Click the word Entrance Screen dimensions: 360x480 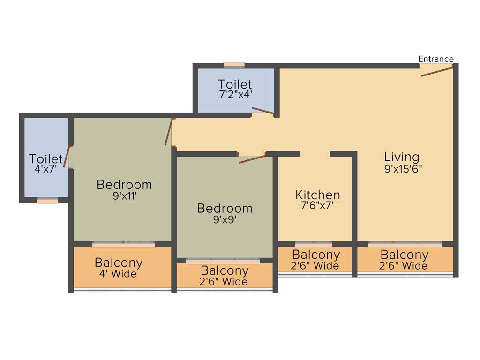coord(435,59)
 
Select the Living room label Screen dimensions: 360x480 coord(402,157)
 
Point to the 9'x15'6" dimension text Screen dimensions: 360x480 coord(403,169)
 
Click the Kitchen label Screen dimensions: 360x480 coord(317,195)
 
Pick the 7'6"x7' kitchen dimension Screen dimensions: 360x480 coord(317,205)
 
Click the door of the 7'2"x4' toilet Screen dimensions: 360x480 coord(262,111)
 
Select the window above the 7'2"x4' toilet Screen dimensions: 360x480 coord(234,65)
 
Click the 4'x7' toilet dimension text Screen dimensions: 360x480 coord(45,169)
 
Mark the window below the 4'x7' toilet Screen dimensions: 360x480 coord(47,200)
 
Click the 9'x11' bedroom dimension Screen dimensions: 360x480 coord(124,196)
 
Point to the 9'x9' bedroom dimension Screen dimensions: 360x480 coord(225,219)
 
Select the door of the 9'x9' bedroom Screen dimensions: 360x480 coord(252,158)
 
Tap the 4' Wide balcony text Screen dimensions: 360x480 coord(119,274)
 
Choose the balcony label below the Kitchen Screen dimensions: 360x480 coord(315,255)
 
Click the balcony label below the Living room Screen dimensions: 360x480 coord(404,255)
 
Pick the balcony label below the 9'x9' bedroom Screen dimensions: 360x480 coord(225,270)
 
